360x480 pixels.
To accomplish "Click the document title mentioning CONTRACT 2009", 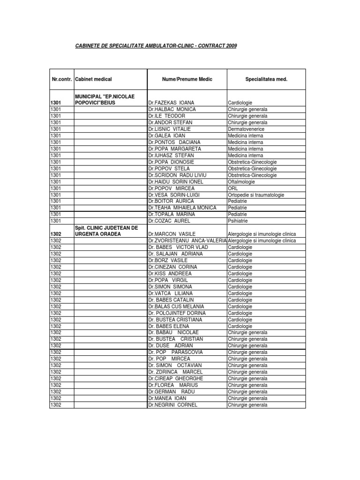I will click(156, 46).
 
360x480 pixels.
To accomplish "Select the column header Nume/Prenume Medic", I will click(187, 79).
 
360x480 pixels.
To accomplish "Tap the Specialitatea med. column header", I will click(266, 79).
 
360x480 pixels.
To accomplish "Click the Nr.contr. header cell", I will click(61, 79).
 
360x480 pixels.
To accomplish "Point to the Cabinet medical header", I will click(93, 79).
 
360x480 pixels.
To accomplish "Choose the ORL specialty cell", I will click(232, 188).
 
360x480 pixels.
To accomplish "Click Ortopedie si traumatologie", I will click(256, 195).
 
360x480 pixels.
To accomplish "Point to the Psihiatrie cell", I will click(238, 221).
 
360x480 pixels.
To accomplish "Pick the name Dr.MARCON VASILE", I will click(172, 234).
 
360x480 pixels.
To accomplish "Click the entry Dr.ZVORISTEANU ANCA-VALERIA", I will click(187, 240).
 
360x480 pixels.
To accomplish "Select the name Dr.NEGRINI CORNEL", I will click(172, 405).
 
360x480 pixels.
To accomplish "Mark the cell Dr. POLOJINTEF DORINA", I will click(177, 313).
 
